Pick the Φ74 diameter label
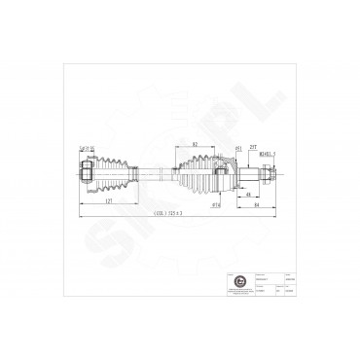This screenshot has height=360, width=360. click(215, 206)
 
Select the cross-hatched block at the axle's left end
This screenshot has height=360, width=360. click(87, 172)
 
